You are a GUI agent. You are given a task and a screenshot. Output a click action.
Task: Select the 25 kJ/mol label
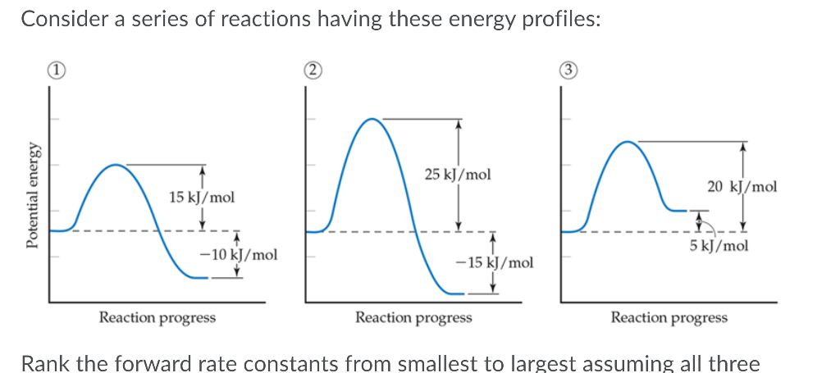click(458, 174)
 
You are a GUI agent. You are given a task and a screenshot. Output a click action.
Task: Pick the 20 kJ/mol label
click(742, 187)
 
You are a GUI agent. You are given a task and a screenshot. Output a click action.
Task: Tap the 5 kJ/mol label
click(719, 246)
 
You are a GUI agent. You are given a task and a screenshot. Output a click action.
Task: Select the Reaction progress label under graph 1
click(157, 317)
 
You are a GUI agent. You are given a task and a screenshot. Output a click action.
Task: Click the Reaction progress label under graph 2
click(413, 317)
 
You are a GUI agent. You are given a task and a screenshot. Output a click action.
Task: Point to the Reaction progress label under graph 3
click(669, 317)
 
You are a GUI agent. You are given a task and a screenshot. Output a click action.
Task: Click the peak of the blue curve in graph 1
click(116, 165)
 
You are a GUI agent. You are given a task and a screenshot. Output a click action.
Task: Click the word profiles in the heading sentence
click(555, 20)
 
